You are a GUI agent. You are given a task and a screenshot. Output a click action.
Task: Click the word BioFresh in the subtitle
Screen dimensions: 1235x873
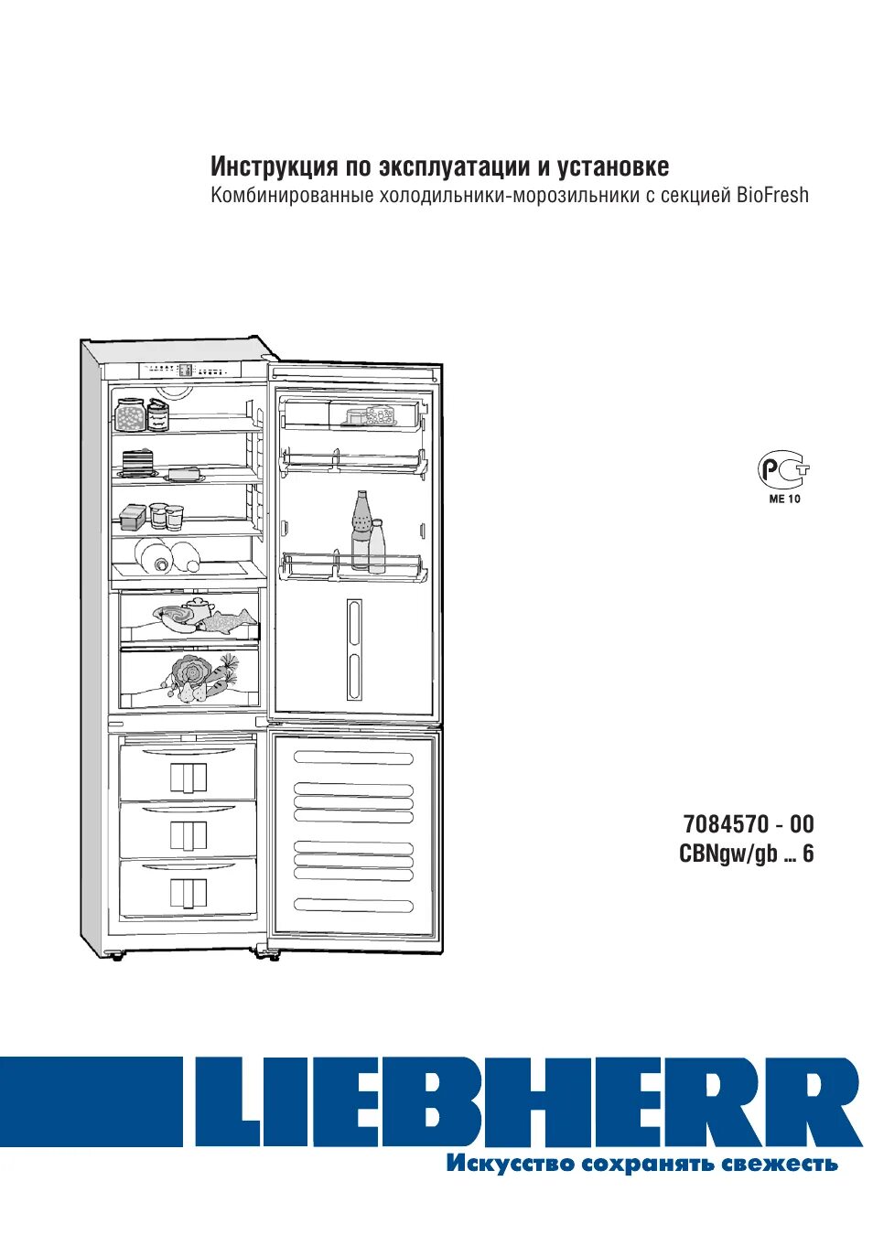772,195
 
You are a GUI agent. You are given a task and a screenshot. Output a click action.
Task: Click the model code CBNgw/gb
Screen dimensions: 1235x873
727,854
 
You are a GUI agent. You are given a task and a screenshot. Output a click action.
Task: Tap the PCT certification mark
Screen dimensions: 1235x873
782,470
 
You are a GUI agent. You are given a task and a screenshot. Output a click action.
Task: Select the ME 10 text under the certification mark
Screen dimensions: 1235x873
784,499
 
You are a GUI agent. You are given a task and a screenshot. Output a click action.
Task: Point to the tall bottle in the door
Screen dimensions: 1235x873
361,531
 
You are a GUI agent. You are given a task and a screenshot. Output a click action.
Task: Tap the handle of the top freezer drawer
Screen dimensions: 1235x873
188,778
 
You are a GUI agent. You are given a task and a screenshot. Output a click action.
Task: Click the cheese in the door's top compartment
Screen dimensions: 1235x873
372,417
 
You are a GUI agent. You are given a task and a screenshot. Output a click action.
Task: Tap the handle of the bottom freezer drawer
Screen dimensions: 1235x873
188,892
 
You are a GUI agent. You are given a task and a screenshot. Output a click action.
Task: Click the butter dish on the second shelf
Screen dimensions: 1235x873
186,474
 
